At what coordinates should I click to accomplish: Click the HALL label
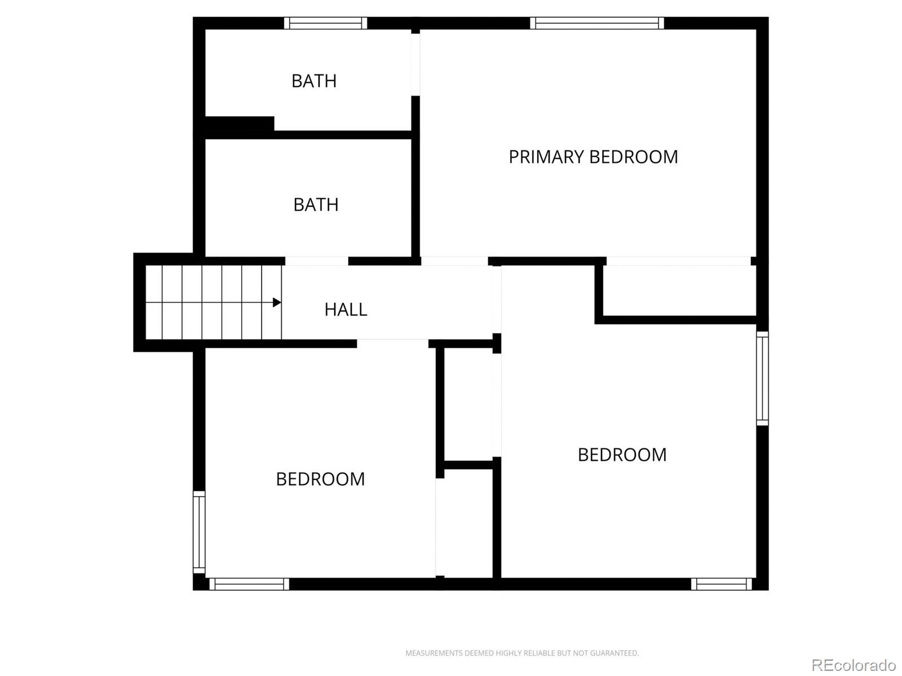(346, 309)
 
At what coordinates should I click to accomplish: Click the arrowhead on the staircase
(276, 303)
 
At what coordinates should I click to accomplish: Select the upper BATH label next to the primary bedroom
(314, 81)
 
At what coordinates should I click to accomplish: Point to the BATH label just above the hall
(316, 204)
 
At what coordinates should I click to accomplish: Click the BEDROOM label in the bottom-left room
(320, 479)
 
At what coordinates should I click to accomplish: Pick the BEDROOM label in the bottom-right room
(622, 455)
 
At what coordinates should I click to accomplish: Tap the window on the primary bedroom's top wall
(596, 23)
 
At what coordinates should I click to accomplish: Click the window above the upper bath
(325, 23)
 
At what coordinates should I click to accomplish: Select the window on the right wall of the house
(762, 377)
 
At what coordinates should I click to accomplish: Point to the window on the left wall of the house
(199, 532)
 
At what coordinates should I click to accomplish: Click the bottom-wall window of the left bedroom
(249, 584)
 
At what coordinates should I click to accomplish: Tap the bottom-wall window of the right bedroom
(722, 584)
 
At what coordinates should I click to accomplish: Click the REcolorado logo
(854, 665)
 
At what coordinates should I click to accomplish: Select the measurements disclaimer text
(522, 653)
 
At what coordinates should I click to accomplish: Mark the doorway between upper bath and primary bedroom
(415, 64)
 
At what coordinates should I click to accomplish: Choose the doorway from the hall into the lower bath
(316, 261)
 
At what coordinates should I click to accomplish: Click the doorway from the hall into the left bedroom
(392, 343)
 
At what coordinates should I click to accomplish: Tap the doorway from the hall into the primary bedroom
(454, 261)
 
